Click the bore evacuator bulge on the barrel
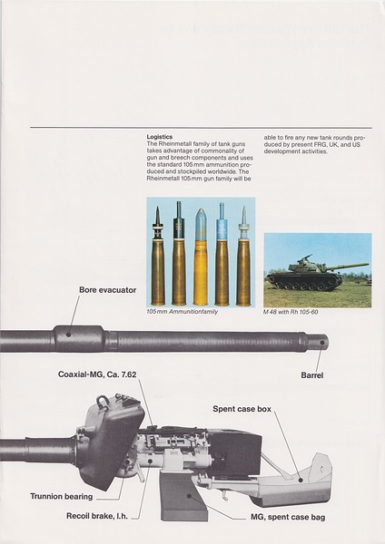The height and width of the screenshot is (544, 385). pos(79,339)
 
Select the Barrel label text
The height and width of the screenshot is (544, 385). pos(313,373)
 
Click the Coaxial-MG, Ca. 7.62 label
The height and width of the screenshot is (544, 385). pos(101,374)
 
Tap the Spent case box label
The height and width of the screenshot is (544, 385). pos(242,409)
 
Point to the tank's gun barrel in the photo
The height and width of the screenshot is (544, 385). pos(349,266)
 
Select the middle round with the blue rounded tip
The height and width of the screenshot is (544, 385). pos(201,258)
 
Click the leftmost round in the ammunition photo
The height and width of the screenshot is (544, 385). pos(158,258)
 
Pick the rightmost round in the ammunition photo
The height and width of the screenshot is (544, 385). pos(243,258)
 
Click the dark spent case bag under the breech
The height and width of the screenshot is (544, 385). pos(183,493)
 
